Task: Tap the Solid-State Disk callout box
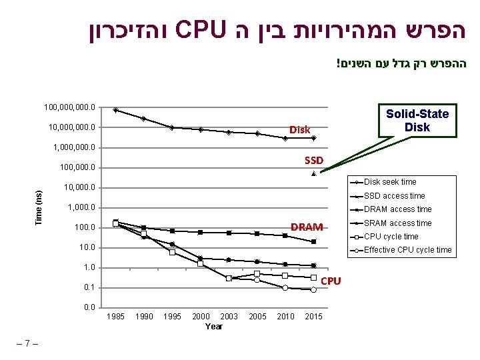[417, 120]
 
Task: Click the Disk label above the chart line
[299, 129]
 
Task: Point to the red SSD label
[313, 160]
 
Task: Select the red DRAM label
[307, 227]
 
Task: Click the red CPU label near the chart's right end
[331, 281]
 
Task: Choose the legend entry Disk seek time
[390, 182]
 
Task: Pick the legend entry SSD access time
[394, 196]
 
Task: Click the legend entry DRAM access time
[397, 209]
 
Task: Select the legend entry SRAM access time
[397, 223]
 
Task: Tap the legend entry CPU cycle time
[391, 237]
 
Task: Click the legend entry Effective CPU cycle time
[407, 251]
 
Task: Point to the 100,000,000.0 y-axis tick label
[69, 107]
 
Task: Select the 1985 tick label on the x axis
[115, 316]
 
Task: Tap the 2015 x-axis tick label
[313, 316]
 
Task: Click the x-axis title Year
[214, 326]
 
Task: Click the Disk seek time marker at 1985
[115, 110]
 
